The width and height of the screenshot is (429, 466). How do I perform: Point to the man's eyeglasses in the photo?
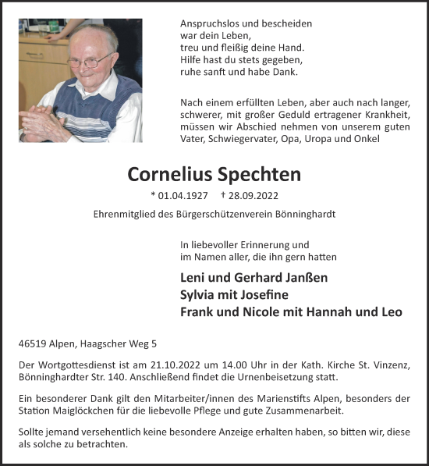[87, 60]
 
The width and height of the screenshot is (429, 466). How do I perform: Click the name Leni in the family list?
[193, 278]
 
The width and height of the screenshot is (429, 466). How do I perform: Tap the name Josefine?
[261, 295]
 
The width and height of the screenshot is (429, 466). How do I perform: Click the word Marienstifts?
[275, 400]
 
